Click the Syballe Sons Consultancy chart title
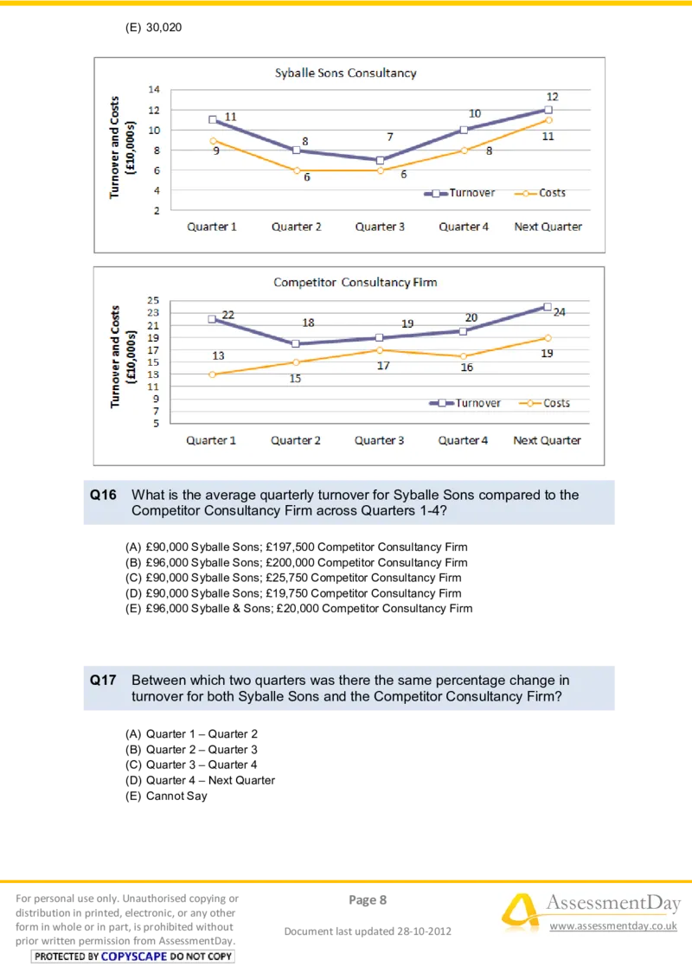(x=345, y=73)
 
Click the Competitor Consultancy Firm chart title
(x=355, y=282)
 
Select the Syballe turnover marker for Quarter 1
(x=213, y=119)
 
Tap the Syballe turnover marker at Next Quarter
(x=548, y=110)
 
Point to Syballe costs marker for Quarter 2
(x=297, y=170)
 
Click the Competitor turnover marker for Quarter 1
(x=212, y=319)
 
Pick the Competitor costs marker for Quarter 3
(x=380, y=349)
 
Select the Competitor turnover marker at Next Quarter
(x=548, y=306)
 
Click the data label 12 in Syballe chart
(x=553, y=97)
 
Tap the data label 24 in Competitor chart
(x=560, y=312)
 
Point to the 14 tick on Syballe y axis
(x=154, y=89)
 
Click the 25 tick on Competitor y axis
(x=153, y=300)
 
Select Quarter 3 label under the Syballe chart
(x=380, y=227)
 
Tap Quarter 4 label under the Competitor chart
(x=463, y=440)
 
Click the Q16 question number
(x=103, y=496)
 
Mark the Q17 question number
(x=103, y=681)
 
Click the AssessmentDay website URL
(x=613, y=926)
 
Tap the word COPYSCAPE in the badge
(x=134, y=957)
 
